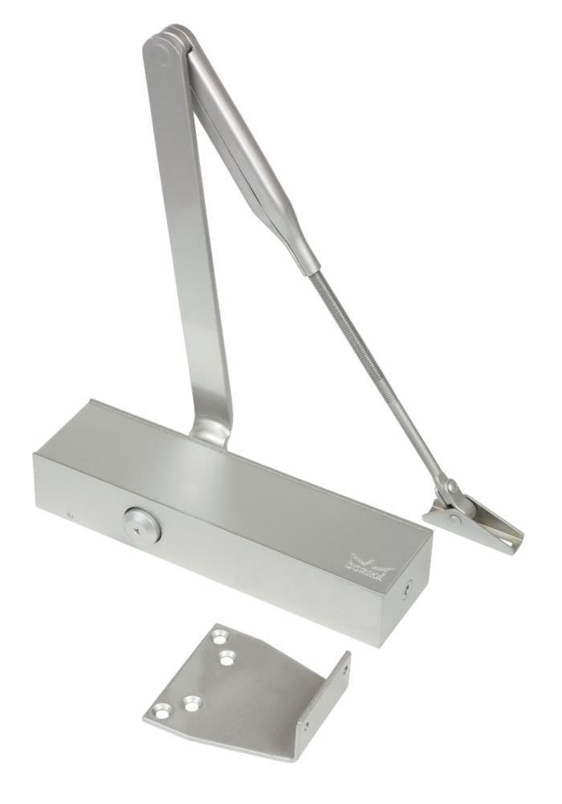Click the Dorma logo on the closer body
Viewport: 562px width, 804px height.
click(x=371, y=564)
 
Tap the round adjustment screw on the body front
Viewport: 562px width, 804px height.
click(x=142, y=523)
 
